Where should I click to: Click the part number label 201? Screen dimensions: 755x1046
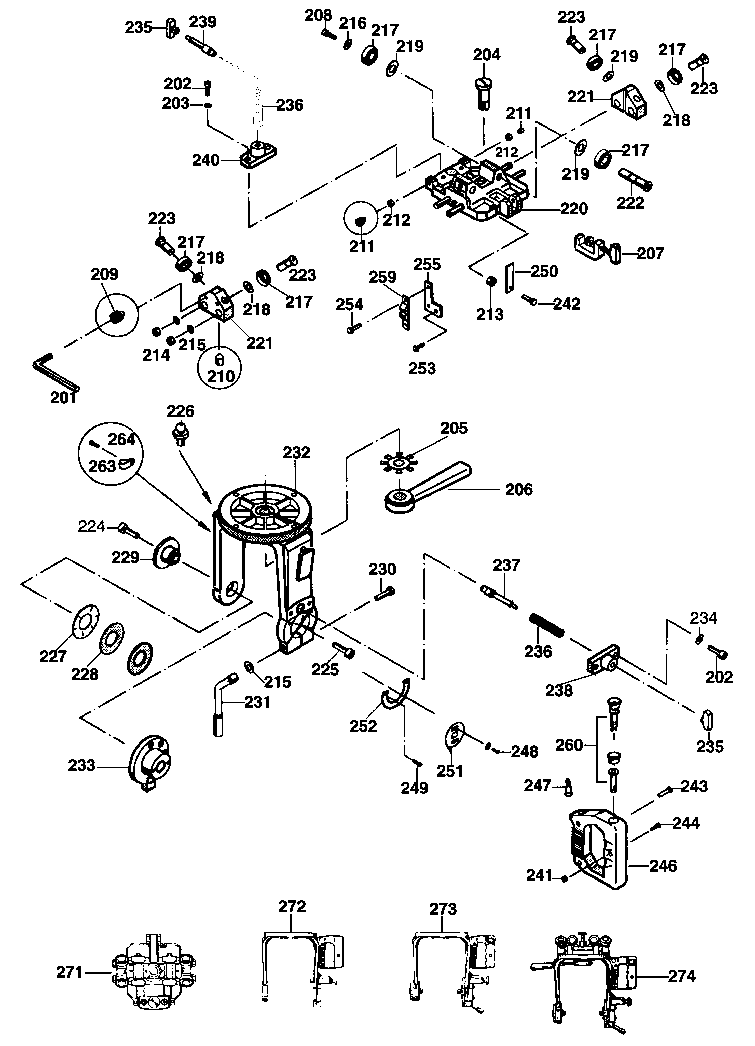pyautogui.click(x=63, y=397)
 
